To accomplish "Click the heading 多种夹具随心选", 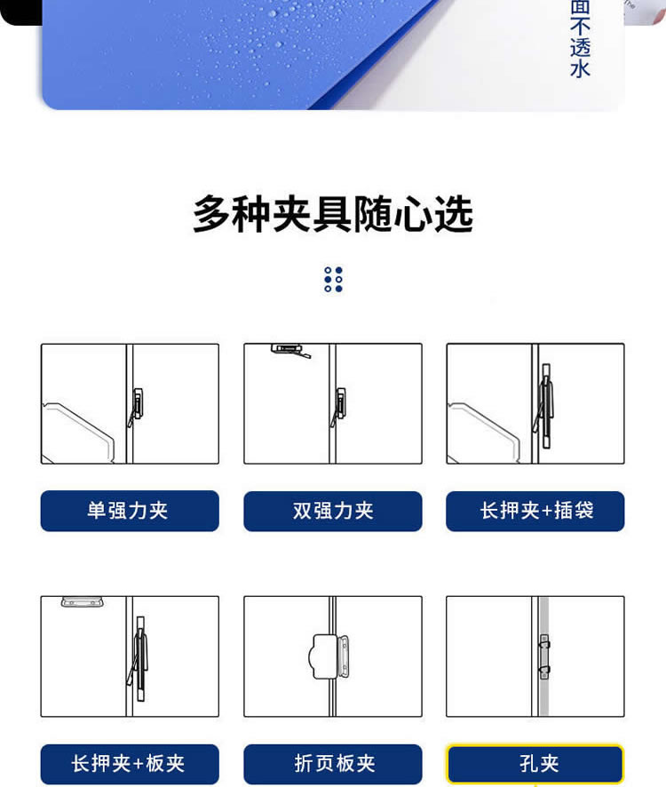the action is click(x=333, y=214).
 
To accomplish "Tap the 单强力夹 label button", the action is click(x=130, y=511).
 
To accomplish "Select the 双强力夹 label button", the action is click(x=333, y=511).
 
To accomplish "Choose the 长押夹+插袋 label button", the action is click(x=535, y=511).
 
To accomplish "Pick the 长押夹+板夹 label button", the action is click(x=130, y=764).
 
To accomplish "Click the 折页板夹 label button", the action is click(x=333, y=764).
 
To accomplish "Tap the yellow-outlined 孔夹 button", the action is click(x=535, y=764).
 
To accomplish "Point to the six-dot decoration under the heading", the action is click(x=333, y=279).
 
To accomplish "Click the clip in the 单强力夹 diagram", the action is click(x=136, y=407).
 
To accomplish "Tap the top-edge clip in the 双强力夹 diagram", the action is click(x=290, y=350).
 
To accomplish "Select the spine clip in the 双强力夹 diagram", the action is click(x=338, y=407).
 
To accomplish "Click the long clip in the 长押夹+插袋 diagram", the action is click(x=544, y=406).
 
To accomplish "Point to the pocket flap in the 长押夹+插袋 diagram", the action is click(x=483, y=433).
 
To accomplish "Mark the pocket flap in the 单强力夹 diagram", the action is click(x=78, y=433).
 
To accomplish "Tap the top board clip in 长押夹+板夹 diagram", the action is click(x=83, y=601).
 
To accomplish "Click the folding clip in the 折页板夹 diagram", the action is click(x=329, y=656).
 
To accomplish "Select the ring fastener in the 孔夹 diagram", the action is click(x=544, y=656).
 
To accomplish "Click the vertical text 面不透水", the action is click(x=580, y=39).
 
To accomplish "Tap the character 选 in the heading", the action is click(x=453, y=214).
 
